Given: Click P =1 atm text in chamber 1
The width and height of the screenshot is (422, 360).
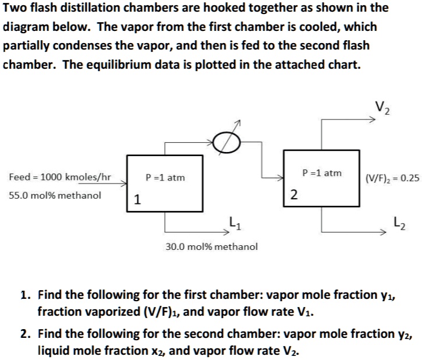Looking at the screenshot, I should pyautogui.click(x=165, y=177).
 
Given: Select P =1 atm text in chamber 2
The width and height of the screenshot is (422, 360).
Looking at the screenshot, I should pyautogui.click(x=322, y=172).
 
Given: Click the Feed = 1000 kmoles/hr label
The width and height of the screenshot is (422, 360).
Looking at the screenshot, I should pyautogui.click(x=60, y=177).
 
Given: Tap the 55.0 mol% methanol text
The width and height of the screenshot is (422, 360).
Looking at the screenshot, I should pyautogui.click(x=55, y=195).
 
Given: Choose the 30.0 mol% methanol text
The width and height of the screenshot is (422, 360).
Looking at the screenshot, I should pyautogui.click(x=211, y=246).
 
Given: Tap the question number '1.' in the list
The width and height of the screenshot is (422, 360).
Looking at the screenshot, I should pyautogui.click(x=25, y=295).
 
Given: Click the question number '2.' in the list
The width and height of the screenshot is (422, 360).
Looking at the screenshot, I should pyautogui.click(x=25, y=334).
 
